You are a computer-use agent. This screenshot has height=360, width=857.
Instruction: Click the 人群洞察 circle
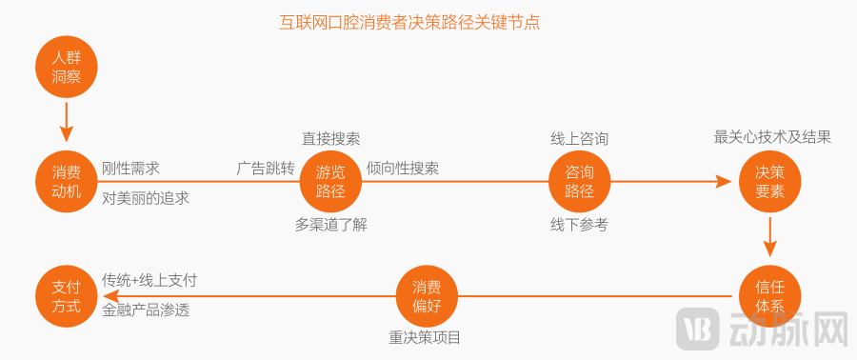tap(67, 67)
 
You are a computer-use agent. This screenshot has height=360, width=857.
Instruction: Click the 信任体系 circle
tap(770, 295)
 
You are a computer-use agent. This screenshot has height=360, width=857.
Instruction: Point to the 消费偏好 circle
tap(427, 295)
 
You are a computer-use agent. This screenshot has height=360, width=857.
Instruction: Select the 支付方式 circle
tap(67, 295)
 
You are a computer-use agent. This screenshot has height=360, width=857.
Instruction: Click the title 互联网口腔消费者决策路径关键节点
tap(409, 21)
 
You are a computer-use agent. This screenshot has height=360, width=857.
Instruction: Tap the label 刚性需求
tap(130, 169)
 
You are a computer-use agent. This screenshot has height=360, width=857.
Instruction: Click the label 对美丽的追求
tap(146, 198)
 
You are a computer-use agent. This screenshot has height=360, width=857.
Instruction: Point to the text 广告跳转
tap(266, 169)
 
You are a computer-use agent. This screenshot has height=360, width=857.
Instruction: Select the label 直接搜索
tap(330, 138)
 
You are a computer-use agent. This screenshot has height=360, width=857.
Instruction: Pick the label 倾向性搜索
tap(403, 169)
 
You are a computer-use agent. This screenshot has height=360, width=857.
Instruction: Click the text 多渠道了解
tap(330, 225)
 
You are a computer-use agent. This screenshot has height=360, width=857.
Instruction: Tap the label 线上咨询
tap(579, 138)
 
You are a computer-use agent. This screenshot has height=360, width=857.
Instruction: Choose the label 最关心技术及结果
tap(772, 137)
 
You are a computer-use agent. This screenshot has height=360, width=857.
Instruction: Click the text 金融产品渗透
tap(146, 310)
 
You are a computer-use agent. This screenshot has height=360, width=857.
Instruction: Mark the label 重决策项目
tap(425, 337)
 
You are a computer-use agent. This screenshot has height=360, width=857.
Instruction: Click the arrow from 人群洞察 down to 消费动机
tap(67, 121)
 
